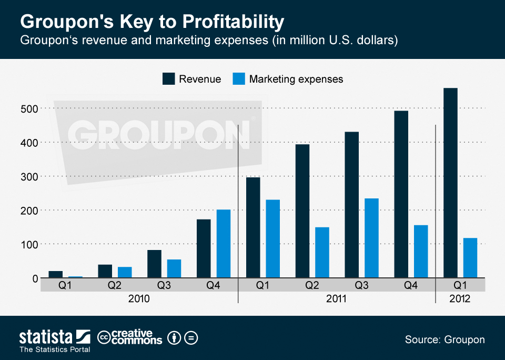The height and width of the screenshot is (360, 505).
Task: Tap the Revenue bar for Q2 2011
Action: [x=302, y=211]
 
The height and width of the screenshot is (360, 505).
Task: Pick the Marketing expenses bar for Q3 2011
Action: [x=371, y=238]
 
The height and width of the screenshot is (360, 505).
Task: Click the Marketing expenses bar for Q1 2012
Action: [x=470, y=258]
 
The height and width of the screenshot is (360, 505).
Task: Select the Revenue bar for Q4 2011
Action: [x=401, y=194]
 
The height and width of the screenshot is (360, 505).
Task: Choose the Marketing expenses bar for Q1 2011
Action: [x=272, y=239]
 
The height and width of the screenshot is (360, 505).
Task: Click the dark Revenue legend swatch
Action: [x=168, y=79]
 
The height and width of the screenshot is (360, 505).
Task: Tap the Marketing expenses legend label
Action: [x=296, y=79]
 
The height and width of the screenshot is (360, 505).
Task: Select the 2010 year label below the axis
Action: [x=139, y=298]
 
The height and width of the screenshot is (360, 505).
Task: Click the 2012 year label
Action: [x=460, y=298]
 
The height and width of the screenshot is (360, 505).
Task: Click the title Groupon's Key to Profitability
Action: [x=152, y=22]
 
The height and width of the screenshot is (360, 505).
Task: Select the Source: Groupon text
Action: [x=445, y=339]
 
